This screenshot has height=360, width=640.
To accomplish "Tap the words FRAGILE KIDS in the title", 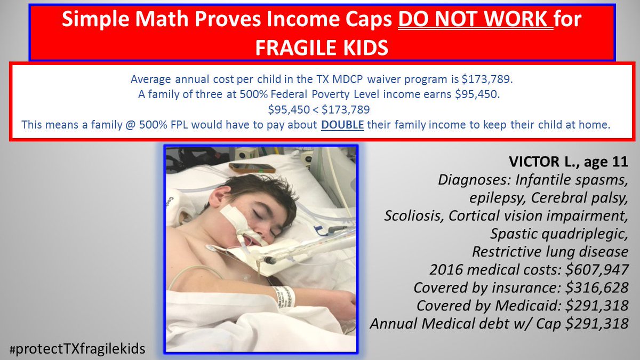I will (322, 47).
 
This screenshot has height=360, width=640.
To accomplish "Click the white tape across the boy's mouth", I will (232, 218).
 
